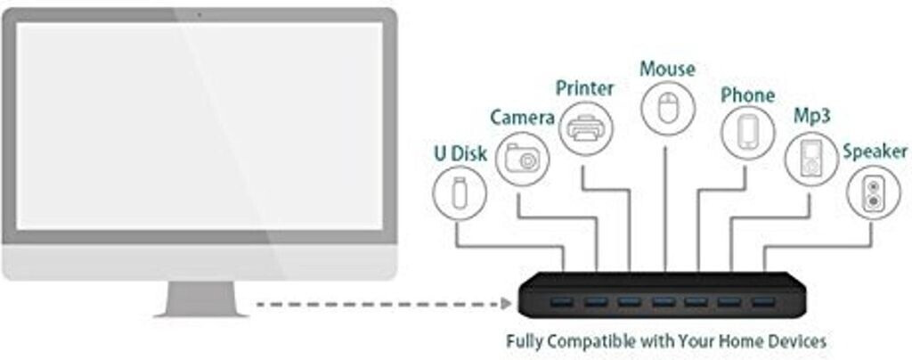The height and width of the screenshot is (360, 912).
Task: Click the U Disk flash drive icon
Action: pyautogui.click(x=460, y=193)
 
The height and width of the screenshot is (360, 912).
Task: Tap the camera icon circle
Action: pyautogui.click(x=522, y=159)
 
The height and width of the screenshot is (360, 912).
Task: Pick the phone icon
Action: pyautogui.click(x=747, y=133)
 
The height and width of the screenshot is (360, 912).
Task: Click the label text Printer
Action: pyautogui.click(x=585, y=88)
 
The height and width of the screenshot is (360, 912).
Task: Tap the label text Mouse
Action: pyautogui.click(x=667, y=69)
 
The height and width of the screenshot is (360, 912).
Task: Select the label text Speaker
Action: pyautogui.click(x=875, y=151)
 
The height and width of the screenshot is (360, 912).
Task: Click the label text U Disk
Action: pyautogui.click(x=460, y=154)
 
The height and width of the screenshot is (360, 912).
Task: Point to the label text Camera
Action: pyautogui.click(x=523, y=119)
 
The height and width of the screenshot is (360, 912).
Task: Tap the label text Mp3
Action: pyautogui.click(x=813, y=118)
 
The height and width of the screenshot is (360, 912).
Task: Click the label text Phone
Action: pyautogui.click(x=747, y=94)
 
